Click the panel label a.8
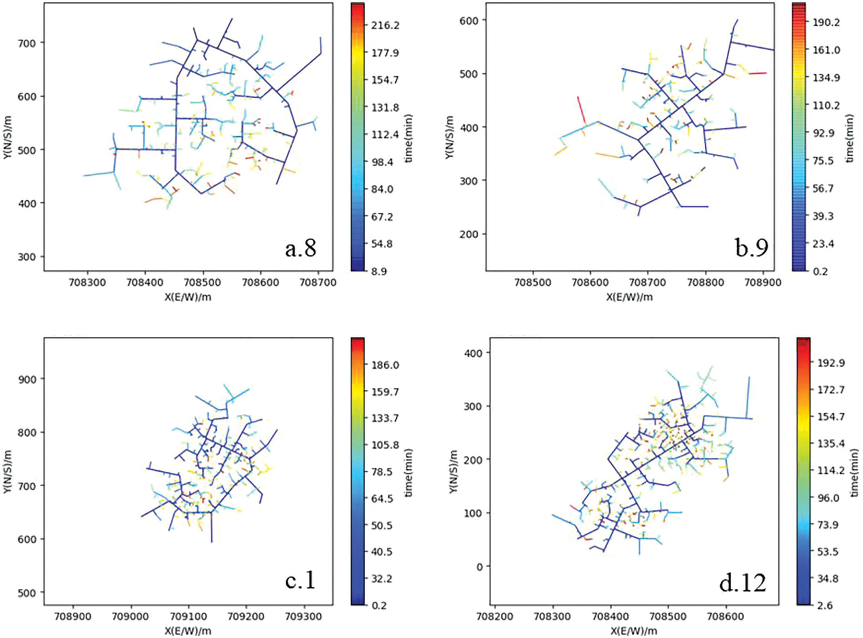[x=300, y=248]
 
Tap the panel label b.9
[x=751, y=247]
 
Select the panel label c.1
[x=300, y=580]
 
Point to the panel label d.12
[x=743, y=583]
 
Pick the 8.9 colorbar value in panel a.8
[x=378, y=271]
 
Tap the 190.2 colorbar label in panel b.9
[x=826, y=22]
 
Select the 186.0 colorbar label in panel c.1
[x=385, y=365]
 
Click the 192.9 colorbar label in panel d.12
[x=831, y=363]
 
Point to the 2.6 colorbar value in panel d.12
[x=824, y=605]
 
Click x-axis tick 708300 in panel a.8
[x=87, y=283]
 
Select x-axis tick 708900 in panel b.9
[x=763, y=283]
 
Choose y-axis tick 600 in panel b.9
[x=469, y=20]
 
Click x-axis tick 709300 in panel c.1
[x=304, y=617]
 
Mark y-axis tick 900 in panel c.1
[x=26, y=379]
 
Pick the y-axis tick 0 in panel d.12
[x=480, y=567]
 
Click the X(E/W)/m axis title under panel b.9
[x=629, y=297]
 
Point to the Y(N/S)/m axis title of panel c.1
[x=7, y=472]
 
